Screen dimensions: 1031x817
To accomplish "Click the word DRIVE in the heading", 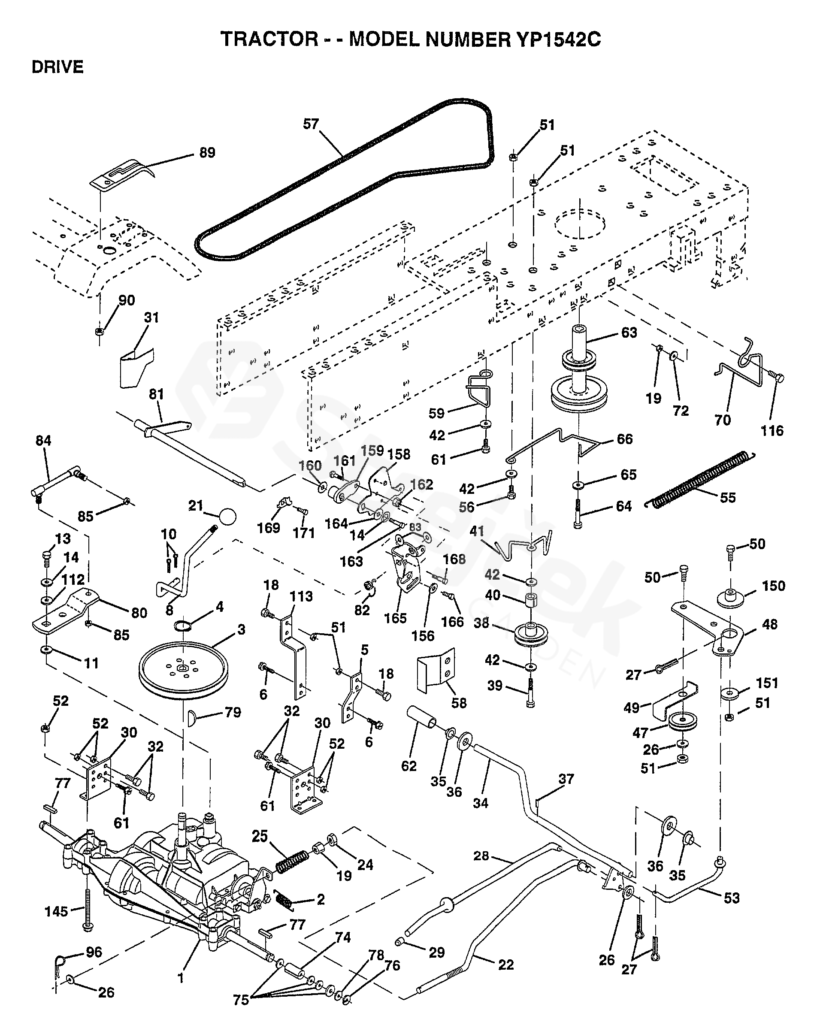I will coord(57,67).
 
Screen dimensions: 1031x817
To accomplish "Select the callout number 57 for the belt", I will coord(311,124).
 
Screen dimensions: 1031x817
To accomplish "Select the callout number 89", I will coord(207,153).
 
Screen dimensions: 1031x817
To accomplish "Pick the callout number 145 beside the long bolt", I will coord(57,911).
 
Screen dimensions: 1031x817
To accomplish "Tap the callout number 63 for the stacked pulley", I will coord(629,333).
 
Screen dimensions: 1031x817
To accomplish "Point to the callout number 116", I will coord(772,431).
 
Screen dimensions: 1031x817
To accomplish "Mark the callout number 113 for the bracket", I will coord(301,596).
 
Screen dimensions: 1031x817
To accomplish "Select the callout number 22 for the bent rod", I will coord(506,964).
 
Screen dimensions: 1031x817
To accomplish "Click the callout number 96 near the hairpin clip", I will coord(94,952).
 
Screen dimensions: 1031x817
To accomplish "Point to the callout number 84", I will coord(43,441).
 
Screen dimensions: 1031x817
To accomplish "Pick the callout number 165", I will coord(396,618).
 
